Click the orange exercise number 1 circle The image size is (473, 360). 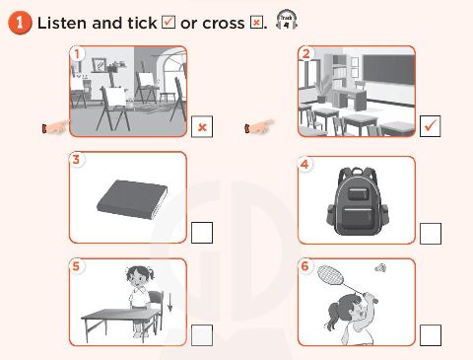[x=20, y=23]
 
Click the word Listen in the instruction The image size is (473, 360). [x=64, y=23]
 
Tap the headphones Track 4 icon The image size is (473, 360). [x=287, y=21]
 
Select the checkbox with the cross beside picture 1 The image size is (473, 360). [x=202, y=127]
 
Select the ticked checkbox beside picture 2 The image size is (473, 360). [x=430, y=127]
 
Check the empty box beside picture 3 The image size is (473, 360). [x=202, y=233]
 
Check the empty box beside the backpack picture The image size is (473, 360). [x=430, y=233]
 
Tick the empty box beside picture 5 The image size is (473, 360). [x=202, y=334]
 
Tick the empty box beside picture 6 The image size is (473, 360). [x=430, y=334]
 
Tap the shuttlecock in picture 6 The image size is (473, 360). [x=380, y=267]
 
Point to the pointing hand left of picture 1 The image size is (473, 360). [x=55, y=127]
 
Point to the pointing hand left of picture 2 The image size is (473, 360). [x=258, y=127]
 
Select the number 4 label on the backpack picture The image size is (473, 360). [x=305, y=163]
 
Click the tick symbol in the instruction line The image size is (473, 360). [x=167, y=23]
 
